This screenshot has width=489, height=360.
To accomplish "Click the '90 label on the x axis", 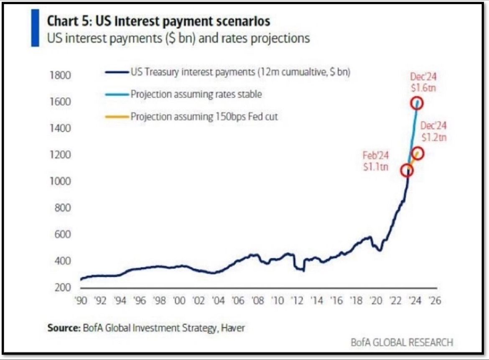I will pyautogui.click(x=80, y=301).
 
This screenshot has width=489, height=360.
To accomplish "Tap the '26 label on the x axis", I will pyautogui.click(x=434, y=301).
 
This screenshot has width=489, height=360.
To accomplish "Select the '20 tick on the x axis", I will pyautogui.click(x=375, y=301).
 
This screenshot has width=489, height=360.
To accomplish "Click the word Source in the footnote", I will pyautogui.click(x=63, y=328).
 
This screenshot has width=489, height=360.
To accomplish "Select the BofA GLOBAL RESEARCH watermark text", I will pyautogui.click(x=401, y=342).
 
